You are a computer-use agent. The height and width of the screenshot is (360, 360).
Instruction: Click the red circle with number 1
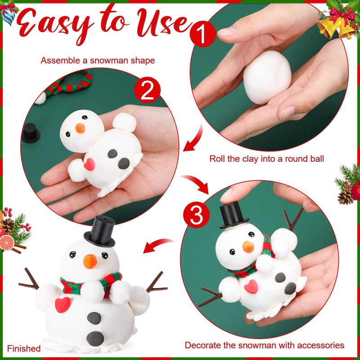click(203, 34)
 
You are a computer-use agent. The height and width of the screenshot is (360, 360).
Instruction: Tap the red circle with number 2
click(147, 90)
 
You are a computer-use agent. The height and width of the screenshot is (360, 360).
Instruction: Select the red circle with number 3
click(196, 216)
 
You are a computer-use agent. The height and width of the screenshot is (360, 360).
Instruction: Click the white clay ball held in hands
click(267, 77)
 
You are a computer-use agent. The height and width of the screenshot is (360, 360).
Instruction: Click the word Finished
click(24, 348)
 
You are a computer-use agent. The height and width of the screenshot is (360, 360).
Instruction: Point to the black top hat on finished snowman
click(99, 231)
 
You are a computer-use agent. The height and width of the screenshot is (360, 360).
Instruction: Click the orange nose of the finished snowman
click(90, 261)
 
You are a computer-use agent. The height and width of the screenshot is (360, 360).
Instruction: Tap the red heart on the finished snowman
click(63, 305)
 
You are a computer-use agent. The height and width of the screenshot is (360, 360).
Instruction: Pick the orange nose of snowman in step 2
click(80, 128)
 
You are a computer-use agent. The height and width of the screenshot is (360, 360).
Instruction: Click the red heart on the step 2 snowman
click(89, 164)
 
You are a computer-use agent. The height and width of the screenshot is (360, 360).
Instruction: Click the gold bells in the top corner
click(336, 27)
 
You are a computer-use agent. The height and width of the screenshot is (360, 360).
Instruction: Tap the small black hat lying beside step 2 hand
click(31, 133)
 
